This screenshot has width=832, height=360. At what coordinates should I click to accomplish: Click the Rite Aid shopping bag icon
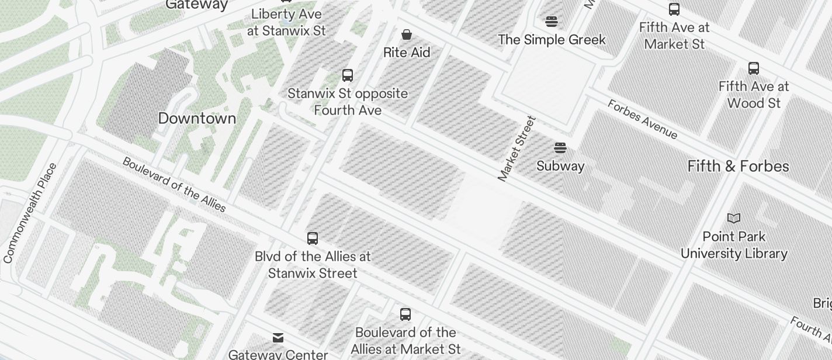coord(407,35)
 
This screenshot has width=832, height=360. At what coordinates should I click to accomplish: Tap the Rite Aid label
coord(407,53)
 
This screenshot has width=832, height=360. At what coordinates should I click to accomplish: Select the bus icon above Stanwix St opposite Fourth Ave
coord(348,75)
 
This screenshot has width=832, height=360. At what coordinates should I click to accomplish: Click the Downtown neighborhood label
coord(197,118)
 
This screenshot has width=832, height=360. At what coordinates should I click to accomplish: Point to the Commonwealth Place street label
coord(30,213)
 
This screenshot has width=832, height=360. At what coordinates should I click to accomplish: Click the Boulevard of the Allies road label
coord(174,184)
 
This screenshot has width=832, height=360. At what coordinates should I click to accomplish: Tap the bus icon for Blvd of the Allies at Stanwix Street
coord(313,238)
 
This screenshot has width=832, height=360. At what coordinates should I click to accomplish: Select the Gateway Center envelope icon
coord(278,338)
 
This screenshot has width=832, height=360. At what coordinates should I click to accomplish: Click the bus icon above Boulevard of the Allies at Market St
coord(405,314)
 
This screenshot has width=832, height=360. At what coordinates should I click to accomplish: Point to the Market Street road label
coord(516,149)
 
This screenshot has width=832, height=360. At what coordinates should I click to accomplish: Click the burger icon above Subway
coord(560,147)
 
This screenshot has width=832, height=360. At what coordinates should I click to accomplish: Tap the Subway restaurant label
coord(560,166)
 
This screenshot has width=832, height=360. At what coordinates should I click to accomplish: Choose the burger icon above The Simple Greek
coord(552,22)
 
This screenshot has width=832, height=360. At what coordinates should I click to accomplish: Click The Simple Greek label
coord(552,40)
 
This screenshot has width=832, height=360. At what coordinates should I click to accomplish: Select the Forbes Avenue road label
coord(642,120)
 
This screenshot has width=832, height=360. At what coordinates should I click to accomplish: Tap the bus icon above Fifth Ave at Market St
coord(674,9)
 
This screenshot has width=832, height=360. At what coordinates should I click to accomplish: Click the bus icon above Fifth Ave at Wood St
coord(754,68)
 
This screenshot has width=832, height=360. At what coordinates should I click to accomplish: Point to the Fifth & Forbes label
coord(738,166)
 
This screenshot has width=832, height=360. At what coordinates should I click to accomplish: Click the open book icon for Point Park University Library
coord(734,219)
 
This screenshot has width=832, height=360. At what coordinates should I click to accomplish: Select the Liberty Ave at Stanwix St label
coord(286,22)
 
